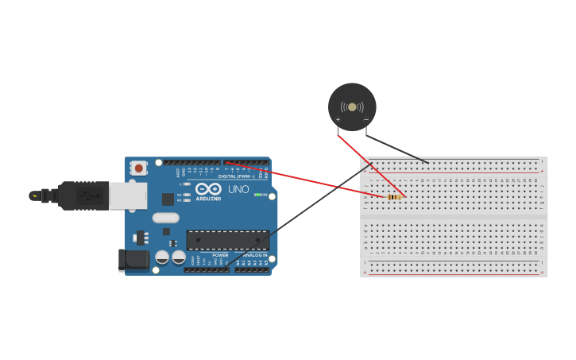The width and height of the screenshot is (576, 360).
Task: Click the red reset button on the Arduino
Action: click(139, 168)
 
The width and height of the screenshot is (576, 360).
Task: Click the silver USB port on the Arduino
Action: click(128, 195)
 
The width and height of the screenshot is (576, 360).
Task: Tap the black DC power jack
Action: click(133, 259)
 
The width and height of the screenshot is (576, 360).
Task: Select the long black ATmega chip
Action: click(227, 240)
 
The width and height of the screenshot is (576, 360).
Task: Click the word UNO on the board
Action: click(238, 190)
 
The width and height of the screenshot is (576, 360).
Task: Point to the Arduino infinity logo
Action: click(208, 189)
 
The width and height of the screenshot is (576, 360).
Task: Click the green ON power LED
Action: click(257, 195)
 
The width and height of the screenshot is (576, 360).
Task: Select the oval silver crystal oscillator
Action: click(166, 218)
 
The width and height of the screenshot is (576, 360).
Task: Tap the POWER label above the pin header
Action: click(220, 255)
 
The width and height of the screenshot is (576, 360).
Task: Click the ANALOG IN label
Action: click(255, 255)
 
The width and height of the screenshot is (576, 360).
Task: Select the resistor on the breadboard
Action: click(394, 197)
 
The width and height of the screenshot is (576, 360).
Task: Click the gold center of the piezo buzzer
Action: click(352, 106)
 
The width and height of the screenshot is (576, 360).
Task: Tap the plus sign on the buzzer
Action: click(338, 120)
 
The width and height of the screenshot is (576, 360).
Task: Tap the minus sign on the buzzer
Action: click(366, 120)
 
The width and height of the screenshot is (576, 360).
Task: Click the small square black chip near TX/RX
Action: click(168, 199)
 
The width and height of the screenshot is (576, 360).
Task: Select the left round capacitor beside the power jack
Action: click(162, 257)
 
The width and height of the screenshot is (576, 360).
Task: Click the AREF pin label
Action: click(178, 172)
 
